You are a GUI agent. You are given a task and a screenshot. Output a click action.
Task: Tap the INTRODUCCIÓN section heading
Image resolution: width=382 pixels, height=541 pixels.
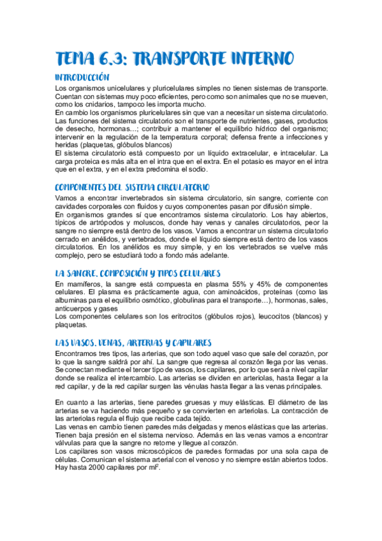click(87, 78)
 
